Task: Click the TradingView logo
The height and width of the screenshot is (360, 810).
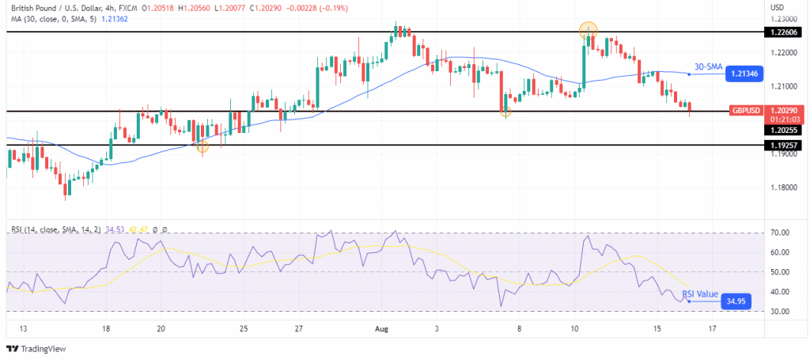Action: point(37,348)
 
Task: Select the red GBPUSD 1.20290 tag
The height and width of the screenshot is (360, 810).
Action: point(747,110)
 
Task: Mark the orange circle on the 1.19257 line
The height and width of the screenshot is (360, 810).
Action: point(202,146)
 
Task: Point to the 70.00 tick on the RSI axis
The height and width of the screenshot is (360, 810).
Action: point(781,233)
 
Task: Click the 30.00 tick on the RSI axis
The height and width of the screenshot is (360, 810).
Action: point(781,311)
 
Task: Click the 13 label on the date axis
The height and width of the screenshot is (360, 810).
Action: point(23,328)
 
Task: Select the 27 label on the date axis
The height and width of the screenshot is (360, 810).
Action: point(297,328)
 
